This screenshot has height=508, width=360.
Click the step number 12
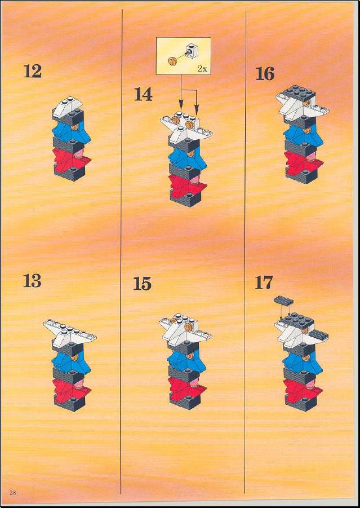pos(32,71)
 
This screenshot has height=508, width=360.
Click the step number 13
pos(32,281)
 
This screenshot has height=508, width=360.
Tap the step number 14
pos(143,95)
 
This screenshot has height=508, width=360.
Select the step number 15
pos(142,284)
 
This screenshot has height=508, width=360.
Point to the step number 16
pos(265,74)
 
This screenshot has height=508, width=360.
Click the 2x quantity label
pos(202,69)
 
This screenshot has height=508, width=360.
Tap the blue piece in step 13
pos(71,362)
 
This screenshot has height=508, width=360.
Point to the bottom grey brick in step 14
pos(185,198)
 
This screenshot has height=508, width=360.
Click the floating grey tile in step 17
pos(283,301)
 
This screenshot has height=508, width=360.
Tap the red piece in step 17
pos(303,390)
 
